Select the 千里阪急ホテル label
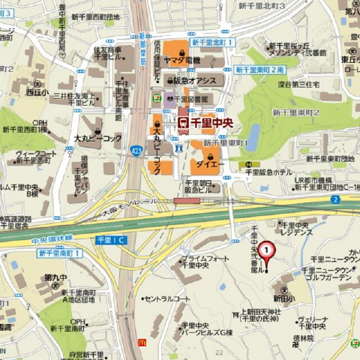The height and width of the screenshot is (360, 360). (x=268, y=172)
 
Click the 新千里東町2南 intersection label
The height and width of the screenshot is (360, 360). (x=259, y=69)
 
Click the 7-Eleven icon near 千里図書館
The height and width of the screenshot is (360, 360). (x=156, y=97)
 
